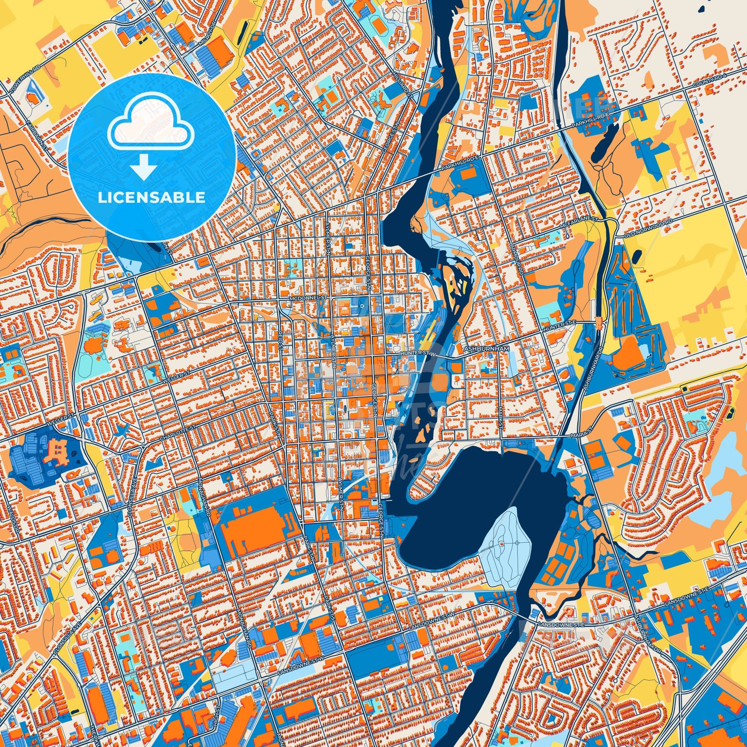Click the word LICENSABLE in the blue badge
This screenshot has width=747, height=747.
click(x=152, y=198)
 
